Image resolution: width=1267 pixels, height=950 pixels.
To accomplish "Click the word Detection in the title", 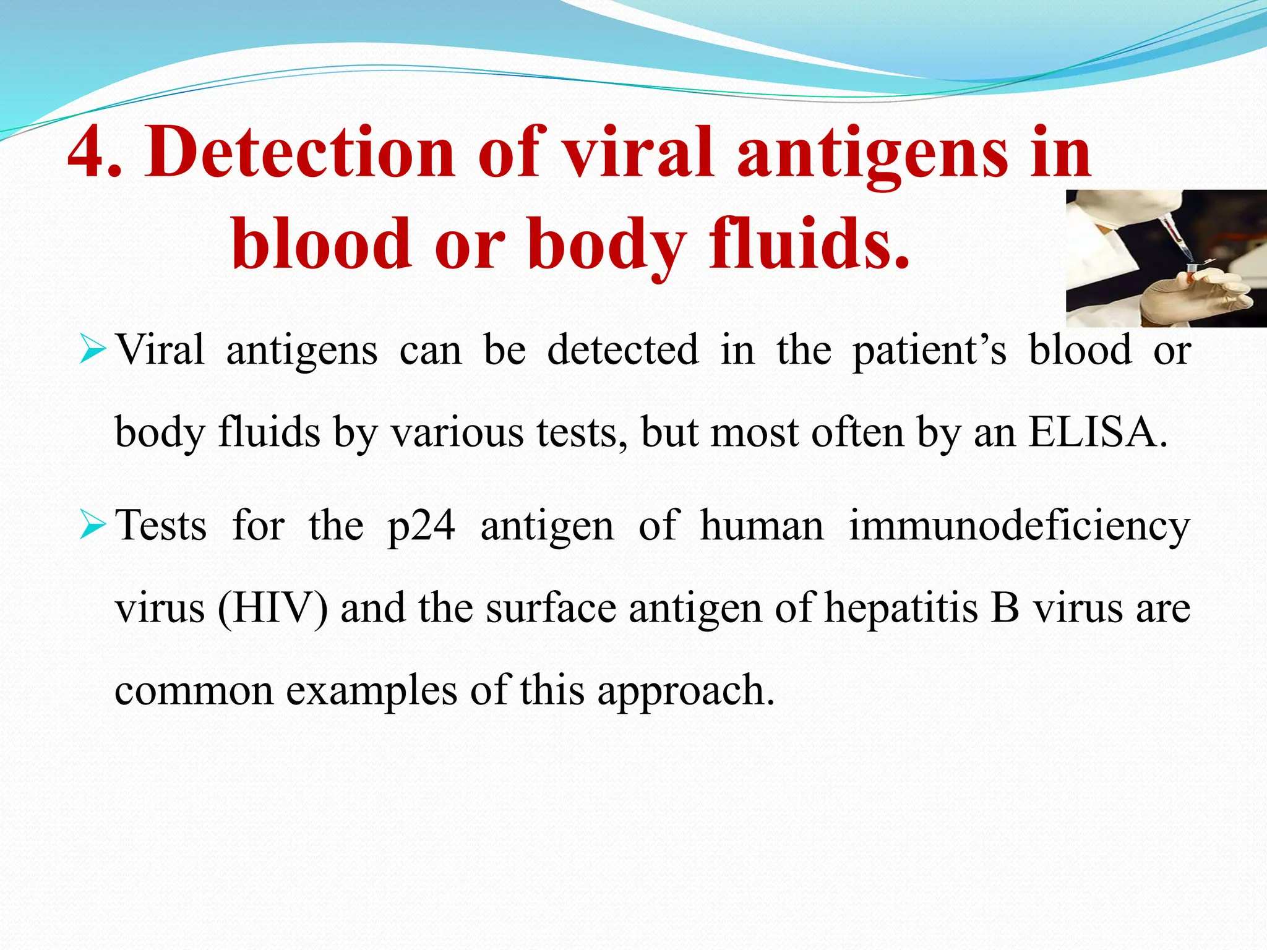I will (x=300, y=152).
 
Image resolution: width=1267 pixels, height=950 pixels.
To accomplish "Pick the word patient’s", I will (x=929, y=351).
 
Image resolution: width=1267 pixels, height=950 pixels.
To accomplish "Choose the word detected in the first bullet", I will (x=623, y=349).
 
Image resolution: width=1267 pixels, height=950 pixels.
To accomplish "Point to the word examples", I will (x=371, y=691).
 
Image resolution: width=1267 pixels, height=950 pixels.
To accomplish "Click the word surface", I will (x=551, y=608).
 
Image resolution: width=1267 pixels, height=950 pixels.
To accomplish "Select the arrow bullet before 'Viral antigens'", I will (x=94, y=351).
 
